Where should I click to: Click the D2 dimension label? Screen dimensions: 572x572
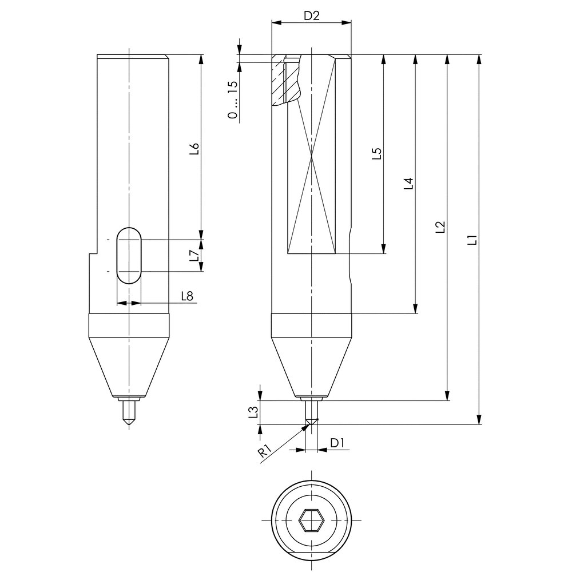(x=311, y=15)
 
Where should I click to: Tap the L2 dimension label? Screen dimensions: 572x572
(x=440, y=227)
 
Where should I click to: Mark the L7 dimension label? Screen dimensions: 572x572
(x=194, y=256)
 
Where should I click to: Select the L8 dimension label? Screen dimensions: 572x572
(x=186, y=296)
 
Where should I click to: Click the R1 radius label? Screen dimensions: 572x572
(x=264, y=451)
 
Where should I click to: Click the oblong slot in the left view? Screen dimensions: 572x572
(x=129, y=255)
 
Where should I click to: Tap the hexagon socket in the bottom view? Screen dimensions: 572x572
(x=312, y=520)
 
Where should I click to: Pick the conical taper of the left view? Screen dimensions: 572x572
(x=129, y=366)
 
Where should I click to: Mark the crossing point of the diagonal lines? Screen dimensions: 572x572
(x=311, y=156)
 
